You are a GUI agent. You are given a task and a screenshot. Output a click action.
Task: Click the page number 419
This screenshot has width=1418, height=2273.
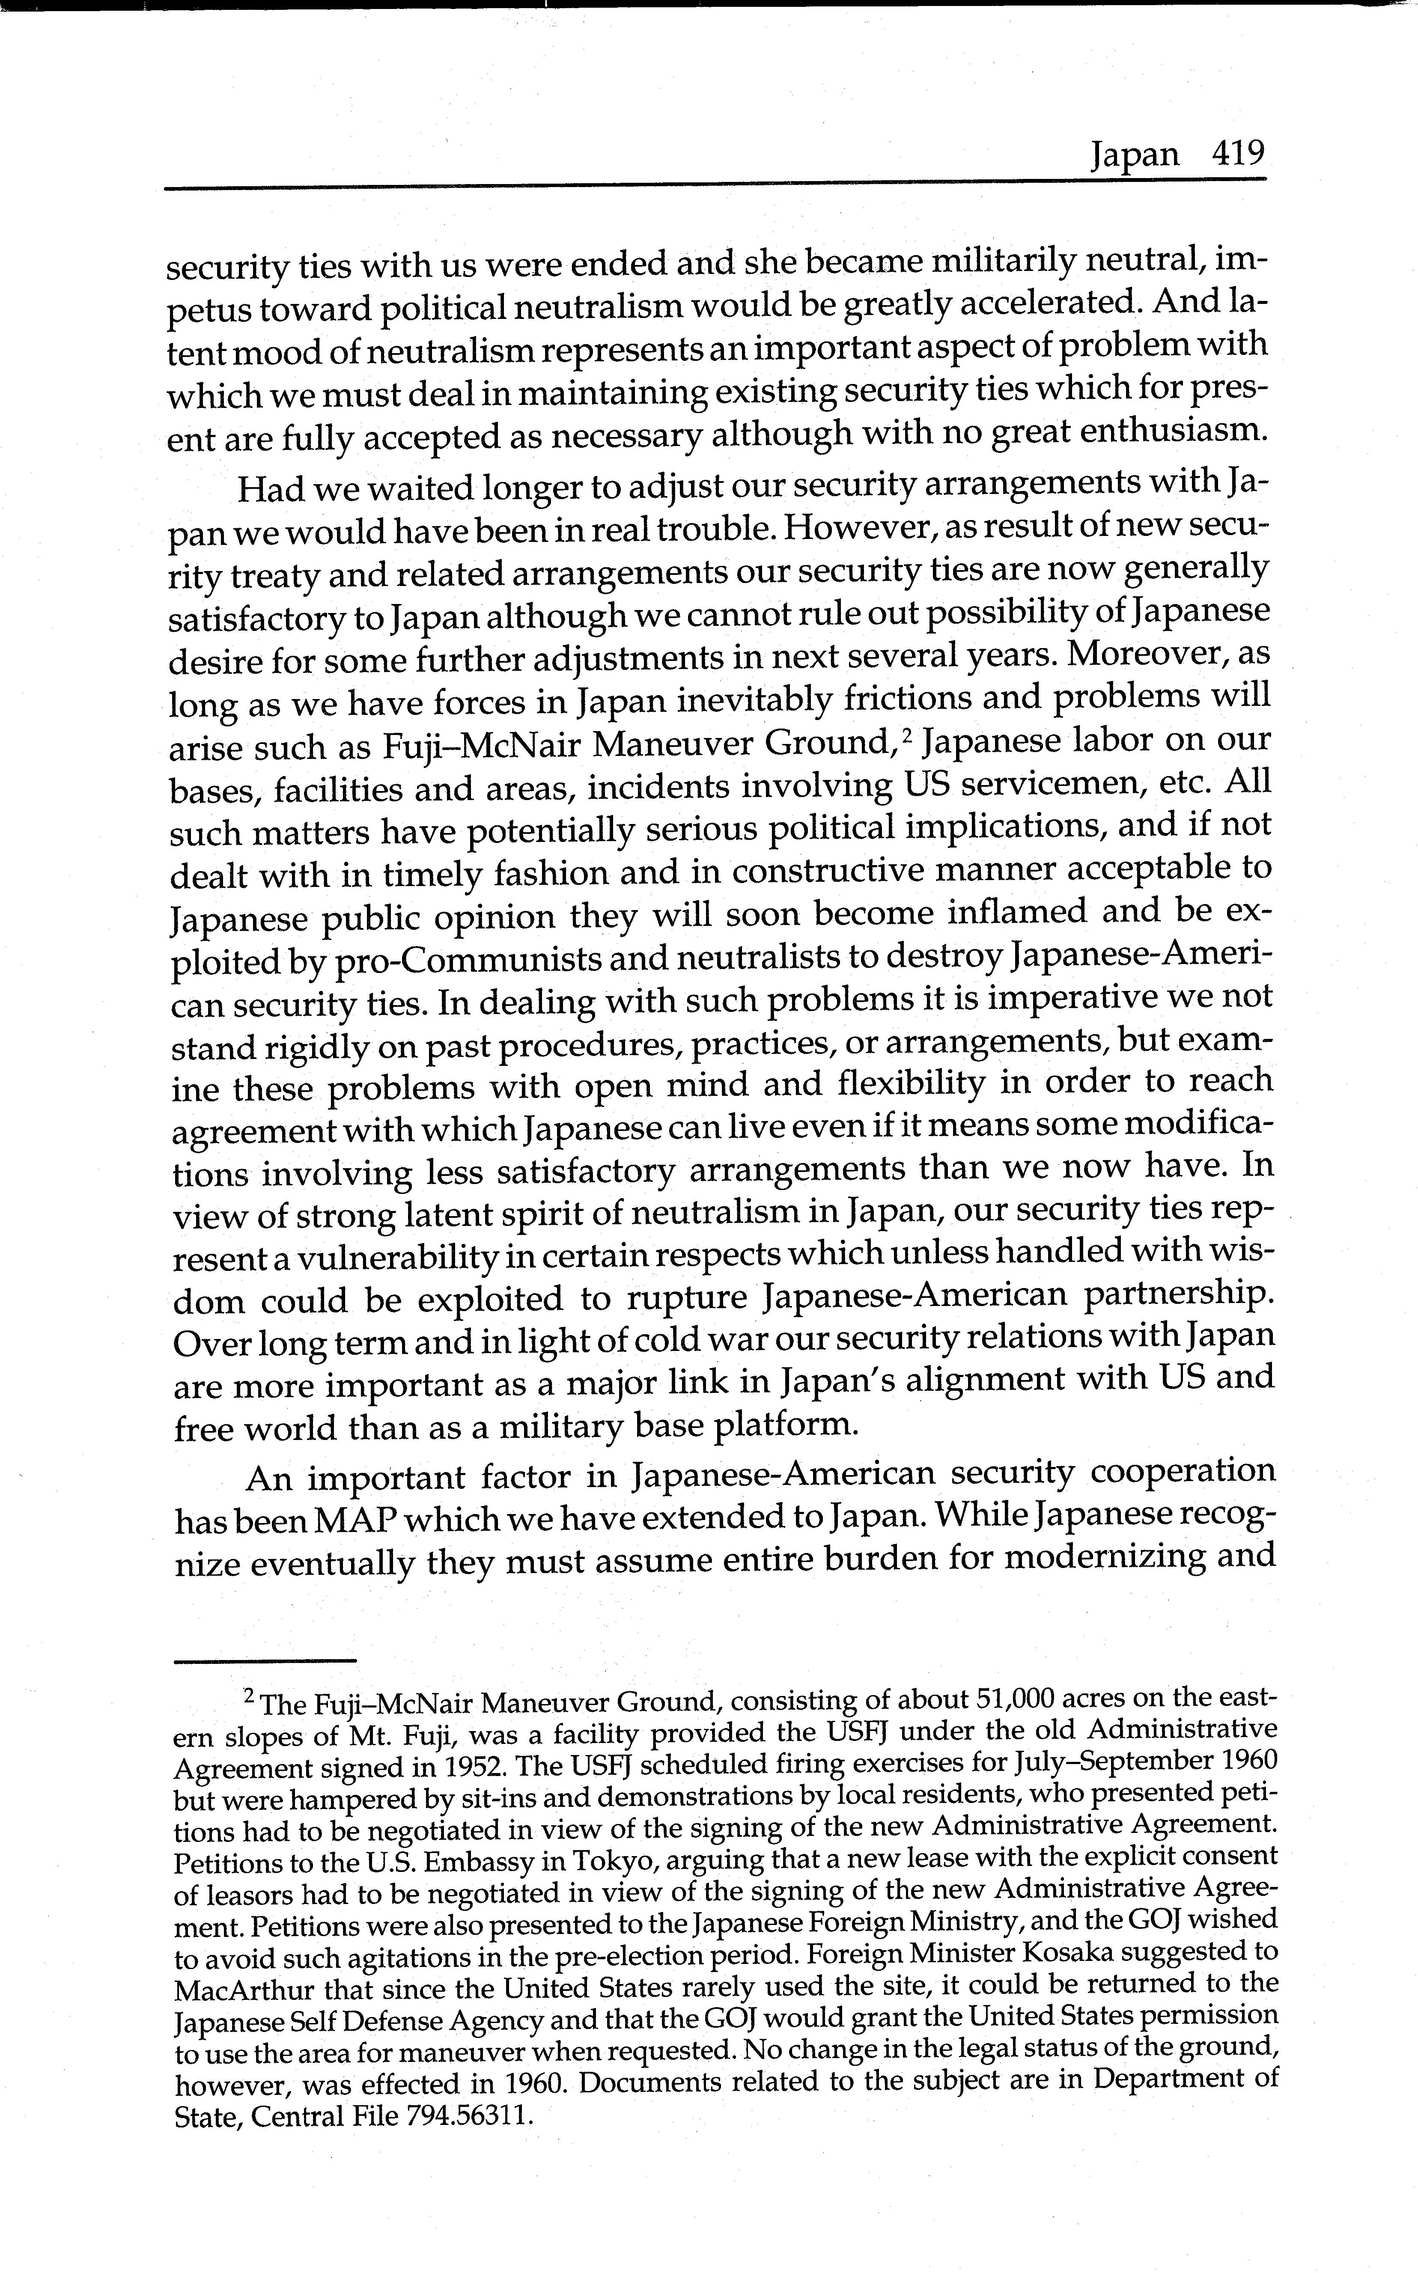coord(1238,153)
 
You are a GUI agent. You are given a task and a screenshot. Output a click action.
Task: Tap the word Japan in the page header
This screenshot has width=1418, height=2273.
coord(1134,155)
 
